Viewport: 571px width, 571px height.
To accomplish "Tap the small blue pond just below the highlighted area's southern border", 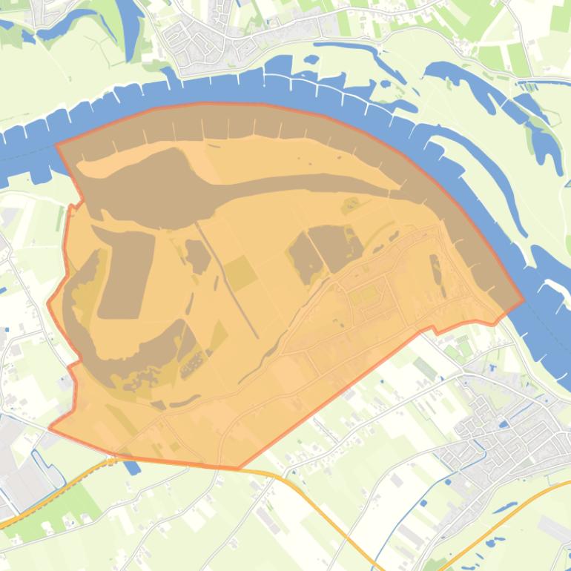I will (x=132, y=467).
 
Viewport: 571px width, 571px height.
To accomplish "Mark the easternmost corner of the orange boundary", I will (x=524, y=301).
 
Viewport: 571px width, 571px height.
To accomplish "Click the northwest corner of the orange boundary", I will (x=57, y=144).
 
